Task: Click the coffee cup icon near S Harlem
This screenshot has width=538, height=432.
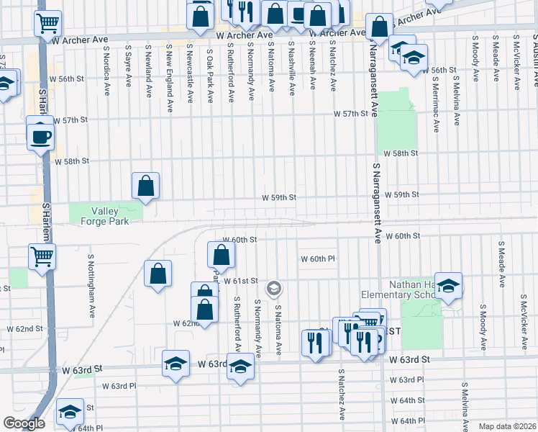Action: coord(40,135)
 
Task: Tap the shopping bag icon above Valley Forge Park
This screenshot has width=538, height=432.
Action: coord(145,186)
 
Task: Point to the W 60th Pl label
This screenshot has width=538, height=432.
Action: coord(318,258)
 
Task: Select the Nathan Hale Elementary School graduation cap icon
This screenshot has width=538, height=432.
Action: coord(448,287)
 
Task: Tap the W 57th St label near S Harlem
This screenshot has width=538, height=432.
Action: coord(71,120)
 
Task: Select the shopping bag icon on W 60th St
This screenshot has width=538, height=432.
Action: coord(221,253)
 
